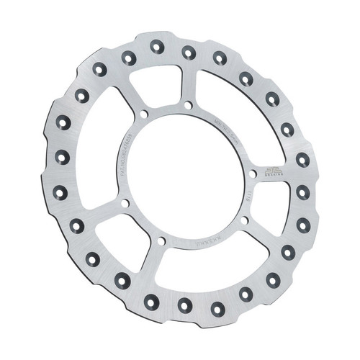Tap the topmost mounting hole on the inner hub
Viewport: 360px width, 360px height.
point(189,105)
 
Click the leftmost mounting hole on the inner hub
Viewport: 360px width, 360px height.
point(126,204)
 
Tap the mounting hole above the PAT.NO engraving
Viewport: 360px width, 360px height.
point(143,114)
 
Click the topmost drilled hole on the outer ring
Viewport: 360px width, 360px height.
point(158,46)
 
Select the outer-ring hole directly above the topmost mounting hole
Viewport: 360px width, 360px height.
point(189,51)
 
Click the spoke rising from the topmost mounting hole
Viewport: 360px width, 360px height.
point(190,83)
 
